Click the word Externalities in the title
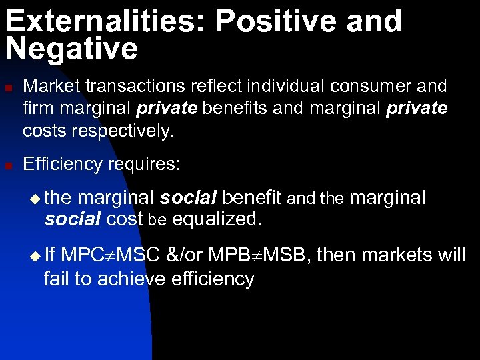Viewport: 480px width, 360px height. pos(104,21)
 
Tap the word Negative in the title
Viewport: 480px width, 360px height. pos(71,49)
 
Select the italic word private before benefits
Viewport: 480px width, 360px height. pos(165,108)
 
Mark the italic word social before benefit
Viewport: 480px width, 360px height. pos(188,198)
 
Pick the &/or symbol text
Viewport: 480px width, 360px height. pos(184,255)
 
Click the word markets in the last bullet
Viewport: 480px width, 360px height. pos(397,255)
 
